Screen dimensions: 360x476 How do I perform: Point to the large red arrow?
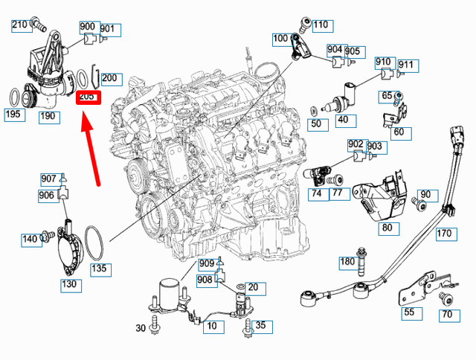point(92,149)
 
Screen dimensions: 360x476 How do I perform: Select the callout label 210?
point(19,25)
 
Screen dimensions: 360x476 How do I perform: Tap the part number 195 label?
point(13,115)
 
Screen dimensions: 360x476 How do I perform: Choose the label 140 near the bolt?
point(30,239)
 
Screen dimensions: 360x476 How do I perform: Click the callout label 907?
point(49,179)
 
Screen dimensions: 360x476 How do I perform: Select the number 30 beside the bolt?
point(141,328)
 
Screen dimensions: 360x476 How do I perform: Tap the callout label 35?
point(260,325)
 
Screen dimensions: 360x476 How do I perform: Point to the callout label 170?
point(444,234)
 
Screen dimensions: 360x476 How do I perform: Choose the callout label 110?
point(320,25)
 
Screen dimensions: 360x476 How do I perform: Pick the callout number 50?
point(316,124)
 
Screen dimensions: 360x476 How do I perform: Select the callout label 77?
point(336,193)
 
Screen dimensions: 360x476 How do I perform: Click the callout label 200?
point(109,77)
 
